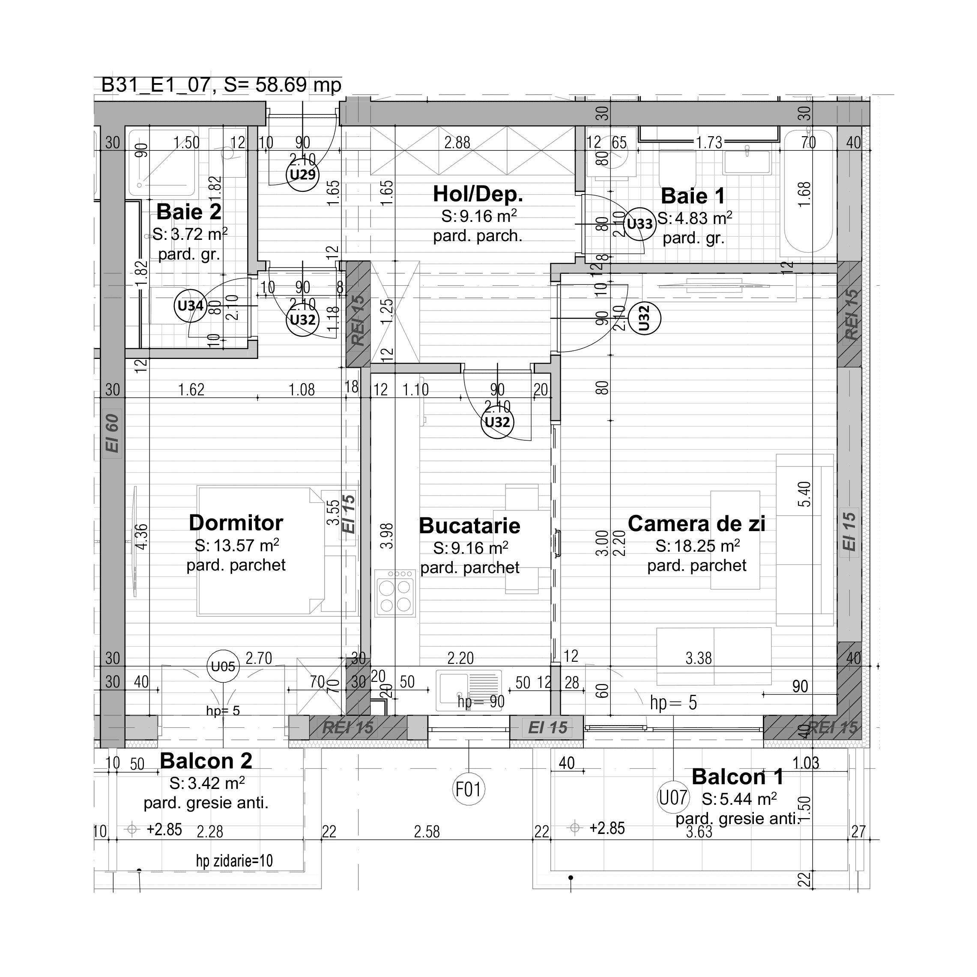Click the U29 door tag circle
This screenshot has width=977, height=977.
point(302,174)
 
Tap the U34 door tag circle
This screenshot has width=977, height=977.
point(190,305)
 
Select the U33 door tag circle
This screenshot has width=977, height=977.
point(639,224)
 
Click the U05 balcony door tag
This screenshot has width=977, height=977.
point(223,666)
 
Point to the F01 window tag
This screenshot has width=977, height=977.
point(468,789)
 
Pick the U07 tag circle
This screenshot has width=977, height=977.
point(673,798)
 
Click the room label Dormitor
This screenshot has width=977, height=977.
point(236,523)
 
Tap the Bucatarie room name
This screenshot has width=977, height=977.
point(469,526)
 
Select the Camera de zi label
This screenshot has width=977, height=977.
point(696,524)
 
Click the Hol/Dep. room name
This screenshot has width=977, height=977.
point(478,194)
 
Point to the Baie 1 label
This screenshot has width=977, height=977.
point(693,196)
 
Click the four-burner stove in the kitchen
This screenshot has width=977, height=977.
point(395,593)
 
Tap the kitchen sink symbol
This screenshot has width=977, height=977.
point(469,688)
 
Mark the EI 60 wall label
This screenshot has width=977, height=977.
point(112,433)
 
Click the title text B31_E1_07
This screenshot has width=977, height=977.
point(155,85)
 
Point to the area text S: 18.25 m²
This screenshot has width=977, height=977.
point(697,546)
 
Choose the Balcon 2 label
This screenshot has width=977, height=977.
point(206,761)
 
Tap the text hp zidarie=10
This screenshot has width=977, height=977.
point(234,860)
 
